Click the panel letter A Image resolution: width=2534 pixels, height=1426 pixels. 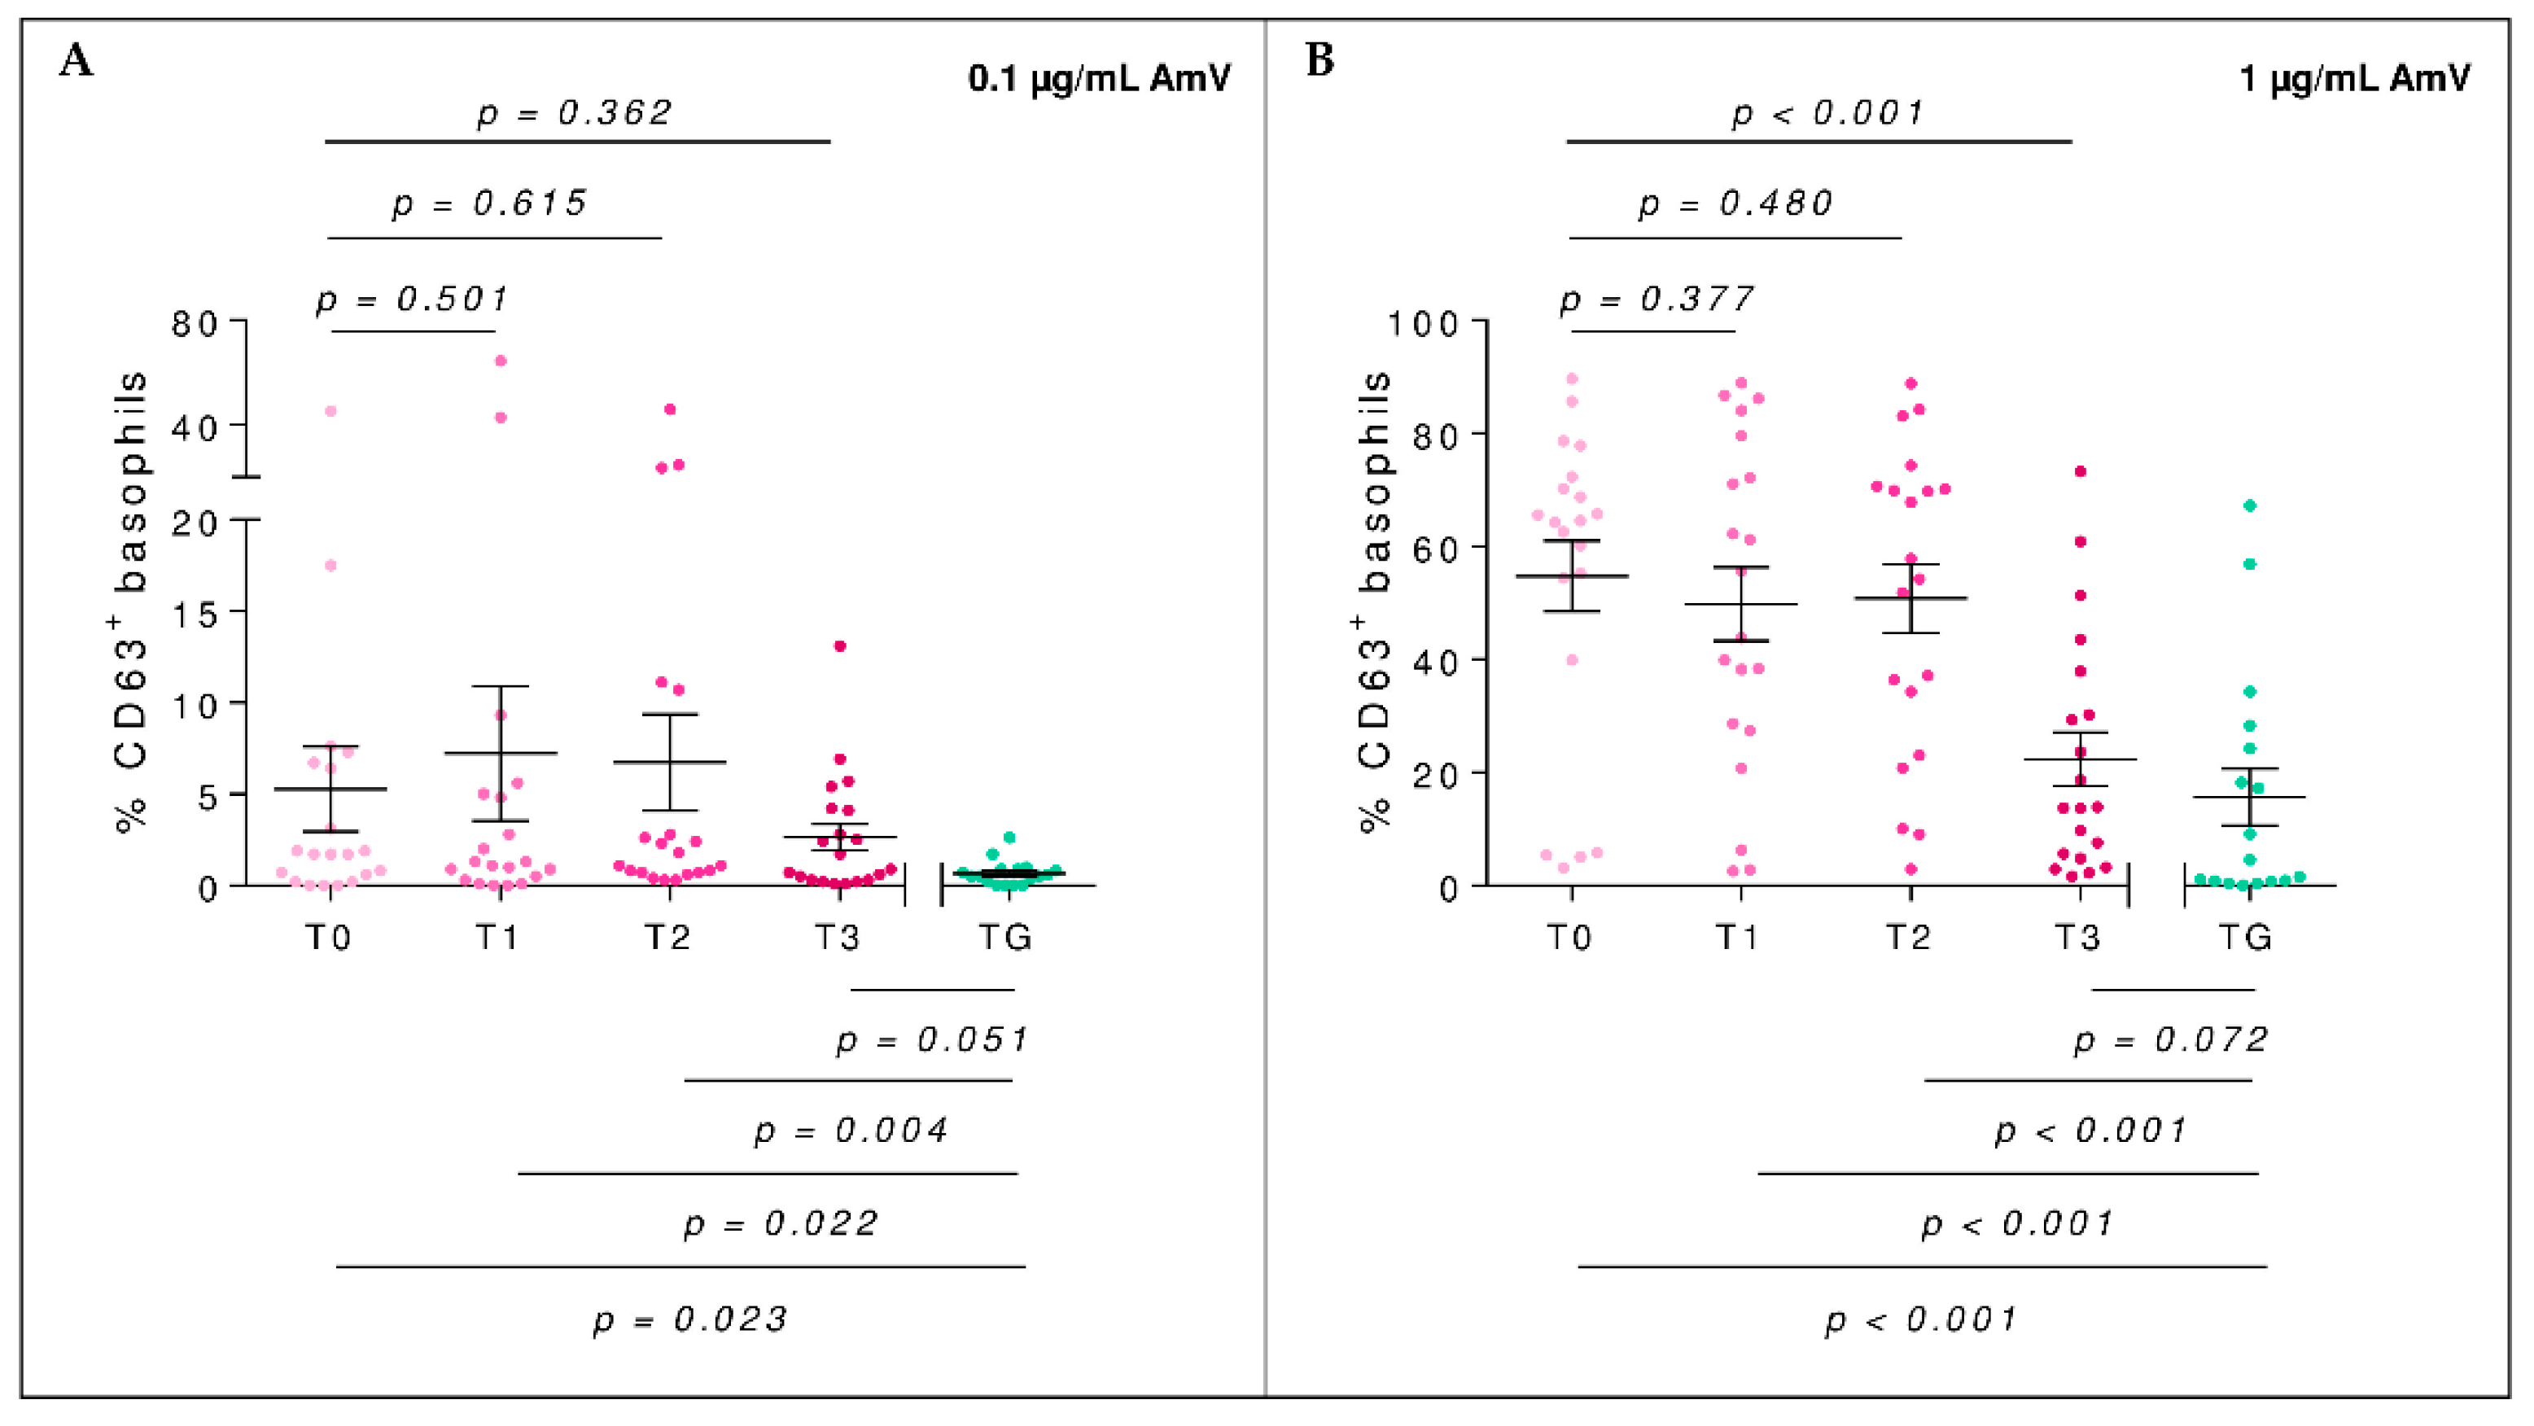[x=76, y=61]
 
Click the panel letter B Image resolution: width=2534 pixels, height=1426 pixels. [x=1320, y=60]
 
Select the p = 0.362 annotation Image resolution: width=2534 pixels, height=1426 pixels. [x=575, y=113]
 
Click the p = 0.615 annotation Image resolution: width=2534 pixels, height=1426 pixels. [x=490, y=203]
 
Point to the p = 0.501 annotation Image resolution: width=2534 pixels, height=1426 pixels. [x=412, y=299]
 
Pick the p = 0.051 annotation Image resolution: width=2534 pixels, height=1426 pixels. [x=931, y=1039]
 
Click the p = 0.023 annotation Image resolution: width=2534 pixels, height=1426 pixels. [x=689, y=1319]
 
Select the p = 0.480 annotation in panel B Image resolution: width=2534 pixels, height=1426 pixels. [x=1735, y=203]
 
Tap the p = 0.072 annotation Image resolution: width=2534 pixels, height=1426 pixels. [x=2171, y=1039]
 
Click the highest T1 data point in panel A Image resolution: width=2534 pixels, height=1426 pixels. [x=501, y=361]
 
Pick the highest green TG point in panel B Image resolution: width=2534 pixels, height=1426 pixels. [x=2250, y=505]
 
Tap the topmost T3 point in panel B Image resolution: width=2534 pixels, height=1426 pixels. [x=2081, y=472]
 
